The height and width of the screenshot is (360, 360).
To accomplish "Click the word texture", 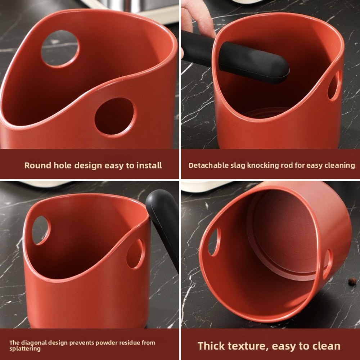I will (x=249, y=346).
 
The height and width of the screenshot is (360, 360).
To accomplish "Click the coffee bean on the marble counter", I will (x=351, y=282).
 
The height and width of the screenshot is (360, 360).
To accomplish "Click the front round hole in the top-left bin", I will (x=115, y=117).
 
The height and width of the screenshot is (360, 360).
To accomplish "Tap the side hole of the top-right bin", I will (x=334, y=86).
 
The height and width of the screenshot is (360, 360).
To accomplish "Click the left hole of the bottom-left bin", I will (x=41, y=230).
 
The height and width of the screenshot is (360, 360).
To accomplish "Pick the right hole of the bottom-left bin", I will (x=135, y=254).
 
